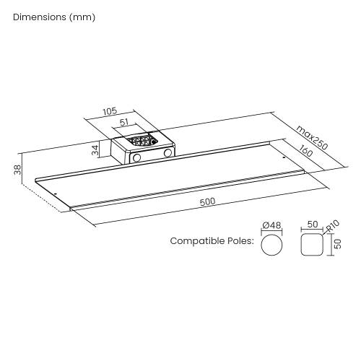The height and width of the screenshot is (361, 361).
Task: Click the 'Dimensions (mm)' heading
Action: click(54, 17)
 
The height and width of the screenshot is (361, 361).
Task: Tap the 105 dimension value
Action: click(110, 111)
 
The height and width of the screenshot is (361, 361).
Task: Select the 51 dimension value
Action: click(124, 122)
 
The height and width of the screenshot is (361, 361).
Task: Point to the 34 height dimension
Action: click(95, 150)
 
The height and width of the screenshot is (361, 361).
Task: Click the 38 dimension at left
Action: click(17, 170)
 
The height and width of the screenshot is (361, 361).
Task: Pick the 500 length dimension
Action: click(208, 201)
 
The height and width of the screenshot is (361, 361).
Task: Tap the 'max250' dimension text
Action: click(312, 137)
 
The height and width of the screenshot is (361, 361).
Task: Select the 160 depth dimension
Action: click(306, 150)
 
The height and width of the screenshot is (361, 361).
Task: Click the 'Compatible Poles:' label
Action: click(212, 240)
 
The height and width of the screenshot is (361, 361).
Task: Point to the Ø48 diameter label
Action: click(271, 225)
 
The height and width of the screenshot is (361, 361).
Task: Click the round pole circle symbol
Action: click(271, 245)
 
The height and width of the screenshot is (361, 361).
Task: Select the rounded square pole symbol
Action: click(312, 244)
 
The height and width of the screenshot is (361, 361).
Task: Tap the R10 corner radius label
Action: click(333, 226)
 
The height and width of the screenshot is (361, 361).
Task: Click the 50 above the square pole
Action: click(313, 225)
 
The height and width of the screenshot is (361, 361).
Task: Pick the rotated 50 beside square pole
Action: click(338, 244)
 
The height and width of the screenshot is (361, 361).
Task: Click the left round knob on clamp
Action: click(136, 157)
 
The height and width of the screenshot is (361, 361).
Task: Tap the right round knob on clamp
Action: click(168, 153)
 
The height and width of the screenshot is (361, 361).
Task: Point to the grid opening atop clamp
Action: click(142, 141)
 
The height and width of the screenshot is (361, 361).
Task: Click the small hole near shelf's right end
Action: click(284, 157)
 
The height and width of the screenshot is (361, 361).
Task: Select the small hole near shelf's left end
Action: click(56, 193)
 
